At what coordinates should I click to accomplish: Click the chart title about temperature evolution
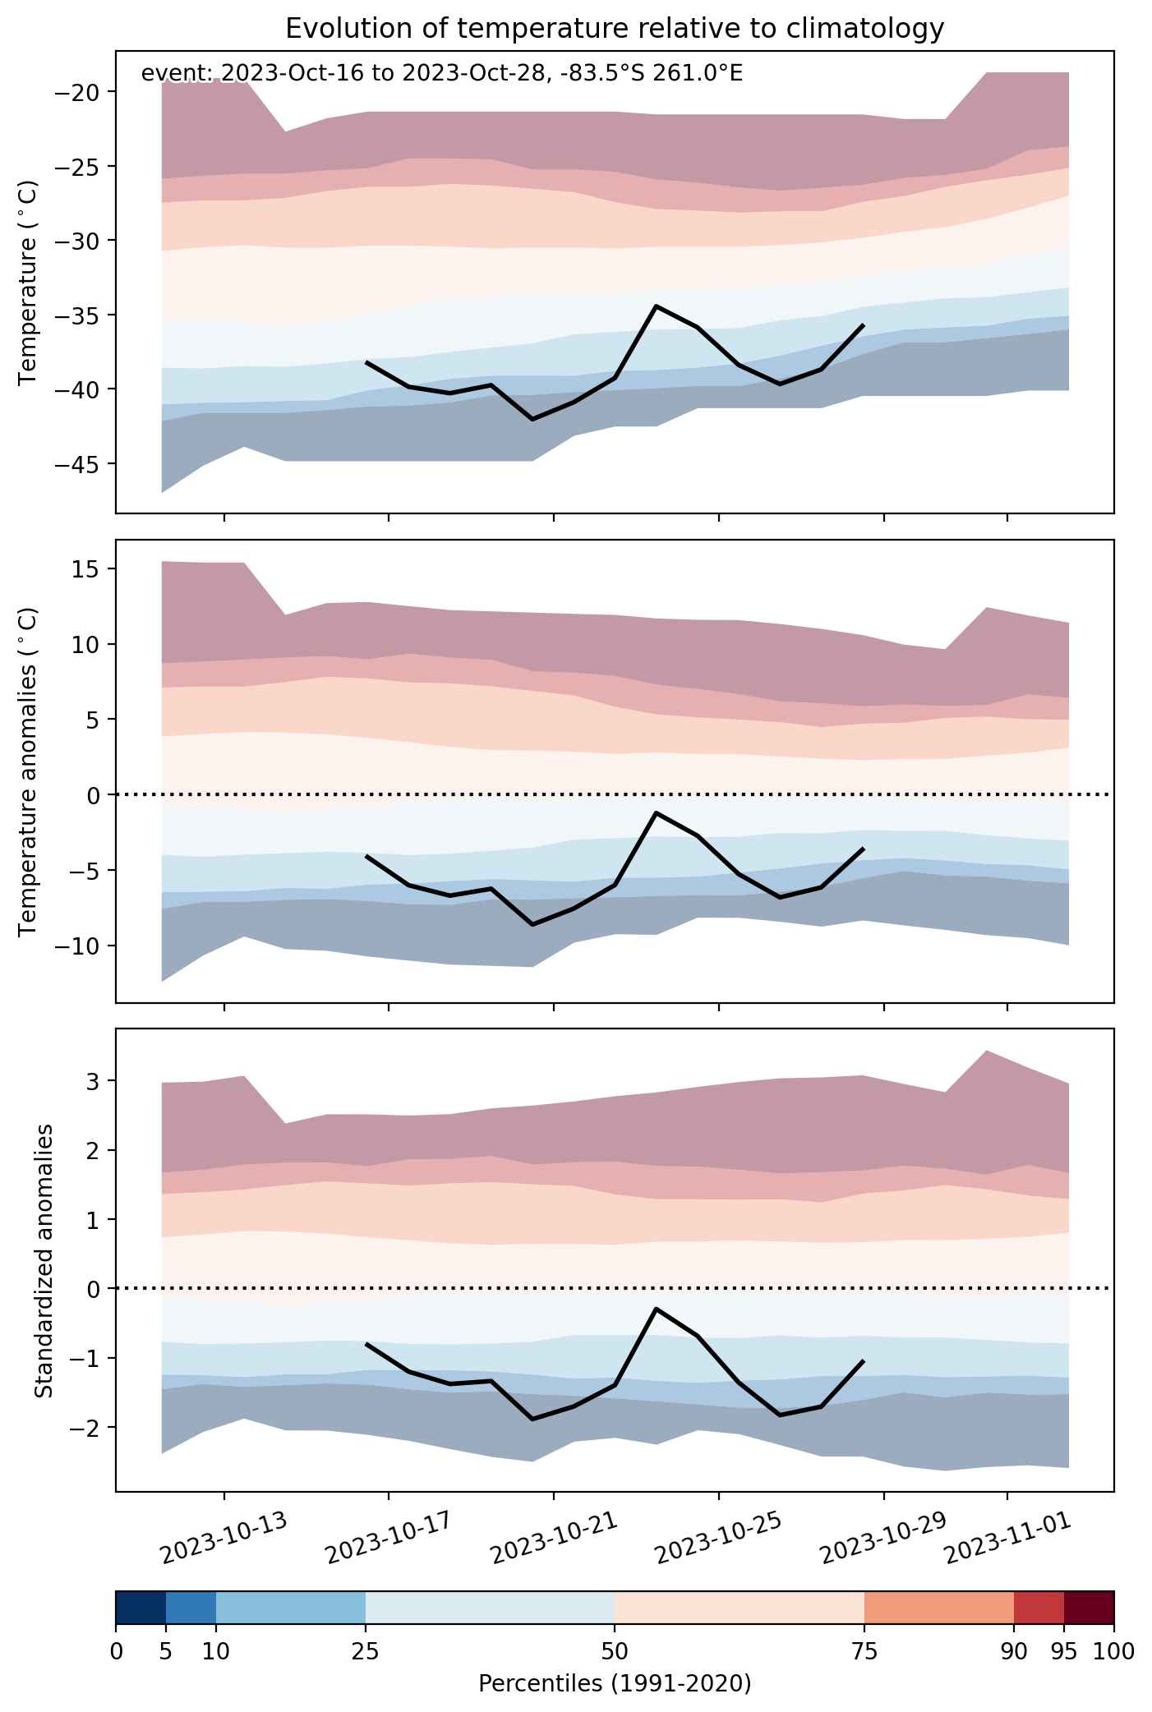[615, 29]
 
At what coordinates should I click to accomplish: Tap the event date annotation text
[442, 74]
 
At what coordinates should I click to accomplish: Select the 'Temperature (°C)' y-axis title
[29, 282]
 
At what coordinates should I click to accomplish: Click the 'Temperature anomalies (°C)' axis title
[29, 771]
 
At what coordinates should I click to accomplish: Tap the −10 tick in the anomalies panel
[80, 946]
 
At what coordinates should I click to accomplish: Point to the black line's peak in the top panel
[656, 306]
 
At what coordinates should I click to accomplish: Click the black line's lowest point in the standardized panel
[532, 1419]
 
